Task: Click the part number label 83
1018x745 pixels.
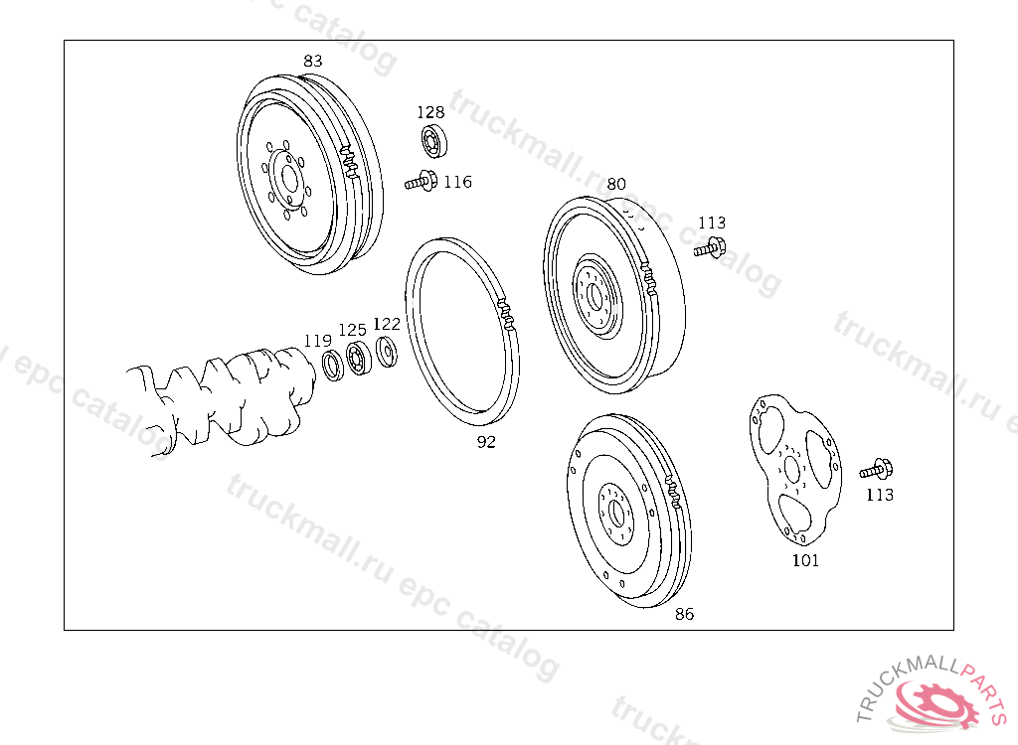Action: [x=313, y=61]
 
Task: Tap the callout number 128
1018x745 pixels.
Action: [x=430, y=112]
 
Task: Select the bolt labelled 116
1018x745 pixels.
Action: [x=421, y=181]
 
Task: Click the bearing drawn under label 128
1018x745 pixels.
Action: [x=433, y=141]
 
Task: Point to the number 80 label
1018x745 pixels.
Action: [x=616, y=185]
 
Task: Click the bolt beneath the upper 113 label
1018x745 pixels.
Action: [x=710, y=248]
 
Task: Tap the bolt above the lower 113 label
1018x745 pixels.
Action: [x=876, y=469]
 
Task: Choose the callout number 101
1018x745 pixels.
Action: [x=805, y=560]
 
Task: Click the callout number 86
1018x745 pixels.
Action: [x=684, y=614]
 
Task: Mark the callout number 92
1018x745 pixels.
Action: [x=486, y=442]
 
